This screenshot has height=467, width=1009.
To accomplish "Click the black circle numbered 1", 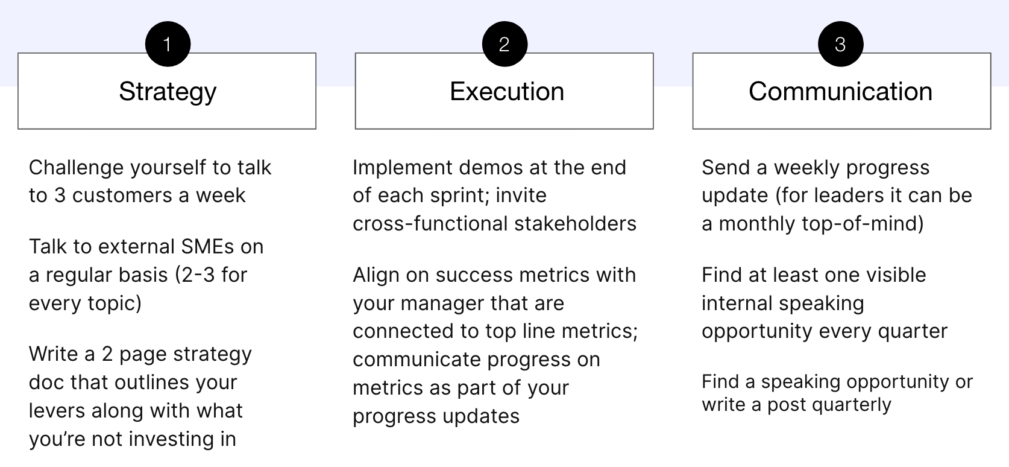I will pyautogui.click(x=168, y=44).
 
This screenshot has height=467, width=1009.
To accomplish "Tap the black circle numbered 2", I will pyautogui.click(x=505, y=44).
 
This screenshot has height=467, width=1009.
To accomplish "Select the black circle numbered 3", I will pyautogui.click(x=840, y=44).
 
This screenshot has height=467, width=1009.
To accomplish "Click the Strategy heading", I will pyautogui.click(x=168, y=92).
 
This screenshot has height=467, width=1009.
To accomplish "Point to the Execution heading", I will pyautogui.click(x=507, y=92).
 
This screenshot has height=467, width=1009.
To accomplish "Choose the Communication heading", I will pyautogui.click(x=840, y=92).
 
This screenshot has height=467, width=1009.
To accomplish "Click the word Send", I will pyautogui.click(x=725, y=168).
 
